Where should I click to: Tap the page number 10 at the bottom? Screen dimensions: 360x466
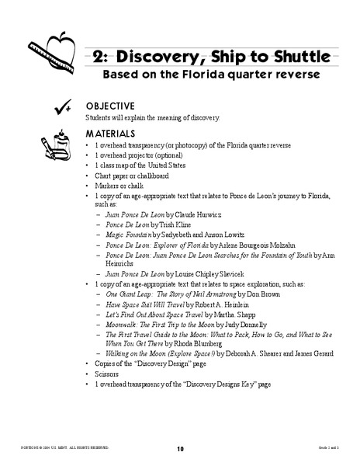coord(180,448)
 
